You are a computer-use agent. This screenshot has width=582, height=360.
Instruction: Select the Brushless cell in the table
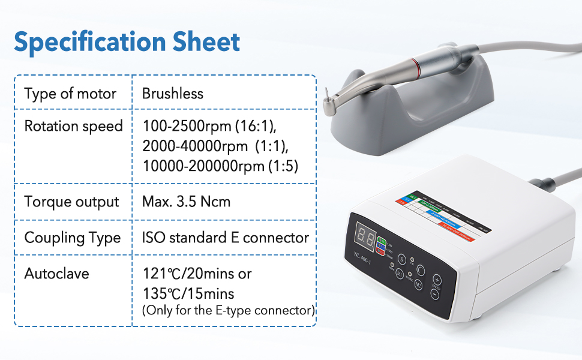(x=172, y=94)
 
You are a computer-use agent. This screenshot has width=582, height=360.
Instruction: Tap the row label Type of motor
(x=70, y=94)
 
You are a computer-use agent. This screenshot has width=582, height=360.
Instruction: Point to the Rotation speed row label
(x=73, y=126)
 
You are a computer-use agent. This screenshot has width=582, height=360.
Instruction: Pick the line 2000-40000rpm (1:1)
(x=211, y=146)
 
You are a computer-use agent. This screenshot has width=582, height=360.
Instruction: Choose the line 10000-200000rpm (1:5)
(x=220, y=166)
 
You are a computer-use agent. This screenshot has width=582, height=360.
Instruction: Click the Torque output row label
(x=71, y=202)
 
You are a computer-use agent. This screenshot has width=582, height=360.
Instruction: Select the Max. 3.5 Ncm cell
(x=186, y=202)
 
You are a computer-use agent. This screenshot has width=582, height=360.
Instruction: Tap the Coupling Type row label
(x=72, y=238)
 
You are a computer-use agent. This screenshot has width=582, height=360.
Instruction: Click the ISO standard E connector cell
(x=225, y=238)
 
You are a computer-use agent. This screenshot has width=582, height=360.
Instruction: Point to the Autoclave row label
(x=56, y=274)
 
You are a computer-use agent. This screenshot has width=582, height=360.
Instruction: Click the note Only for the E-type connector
(x=228, y=311)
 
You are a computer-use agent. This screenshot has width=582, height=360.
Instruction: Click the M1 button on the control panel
(x=400, y=274)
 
